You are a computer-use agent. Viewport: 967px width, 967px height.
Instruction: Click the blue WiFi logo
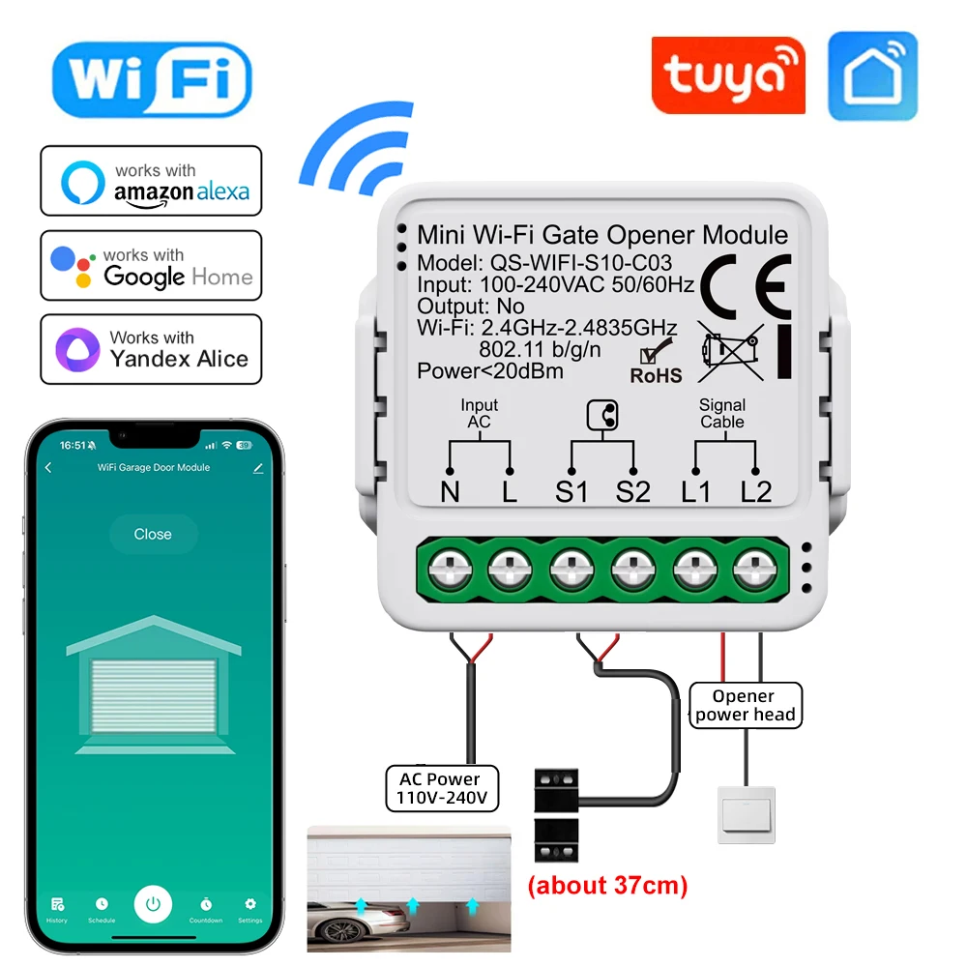pyautogui.click(x=152, y=79)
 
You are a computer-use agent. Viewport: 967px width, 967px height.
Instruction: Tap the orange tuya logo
pyautogui.click(x=727, y=77)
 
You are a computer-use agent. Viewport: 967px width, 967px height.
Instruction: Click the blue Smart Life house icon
pyautogui.click(x=872, y=76)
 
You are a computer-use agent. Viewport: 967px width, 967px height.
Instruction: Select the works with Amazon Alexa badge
pyautogui.click(x=151, y=181)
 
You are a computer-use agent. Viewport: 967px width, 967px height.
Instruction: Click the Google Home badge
pyautogui.click(x=151, y=266)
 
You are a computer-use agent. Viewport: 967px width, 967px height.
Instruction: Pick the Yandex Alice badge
pyautogui.click(x=151, y=349)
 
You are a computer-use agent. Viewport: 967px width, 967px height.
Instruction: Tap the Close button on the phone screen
pyautogui.click(x=153, y=534)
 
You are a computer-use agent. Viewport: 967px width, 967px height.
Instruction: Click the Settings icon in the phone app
pyautogui.click(x=250, y=908)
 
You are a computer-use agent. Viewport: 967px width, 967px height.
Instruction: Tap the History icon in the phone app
pyautogui.click(x=57, y=908)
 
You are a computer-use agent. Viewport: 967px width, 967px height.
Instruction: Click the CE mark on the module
pyautogui.click(x=745, y=280)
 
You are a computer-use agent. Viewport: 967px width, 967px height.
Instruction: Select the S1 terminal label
pyautogui.click(x=571, y=492)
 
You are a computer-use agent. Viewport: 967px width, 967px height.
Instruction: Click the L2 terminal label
pyautogui.click(x=756, y=492)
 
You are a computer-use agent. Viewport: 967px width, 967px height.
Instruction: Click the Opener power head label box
pyautogui.click(x=745, y=706)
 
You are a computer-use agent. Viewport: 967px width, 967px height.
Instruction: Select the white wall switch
pyautogui.click(x=746, y=815)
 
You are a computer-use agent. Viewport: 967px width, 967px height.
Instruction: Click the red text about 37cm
pyautogui.click(x=606, y=886)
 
